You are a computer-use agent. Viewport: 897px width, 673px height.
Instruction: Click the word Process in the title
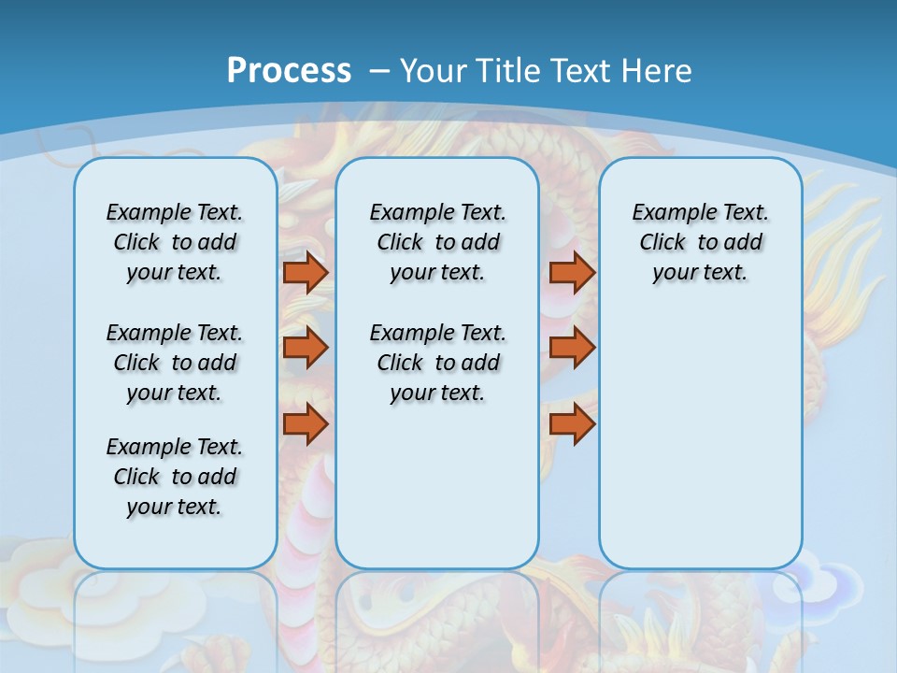click(289, 70)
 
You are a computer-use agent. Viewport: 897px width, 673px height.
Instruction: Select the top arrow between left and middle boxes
click(306, 272)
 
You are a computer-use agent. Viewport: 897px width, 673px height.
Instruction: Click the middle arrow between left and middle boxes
click(306, 348)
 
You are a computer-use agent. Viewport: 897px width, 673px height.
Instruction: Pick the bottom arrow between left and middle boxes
click(306, 423)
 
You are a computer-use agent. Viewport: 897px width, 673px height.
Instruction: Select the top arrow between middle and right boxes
click(572, 272)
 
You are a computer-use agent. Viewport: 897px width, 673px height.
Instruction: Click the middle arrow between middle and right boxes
click(572, 348)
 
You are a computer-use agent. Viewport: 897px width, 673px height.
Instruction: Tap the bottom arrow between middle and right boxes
click(572, 423)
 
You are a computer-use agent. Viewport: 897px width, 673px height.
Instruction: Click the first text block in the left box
click(175, 242)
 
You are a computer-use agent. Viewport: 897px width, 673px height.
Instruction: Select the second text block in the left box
click(175, 363)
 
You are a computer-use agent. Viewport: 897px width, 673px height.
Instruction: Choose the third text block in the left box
click(175, 477)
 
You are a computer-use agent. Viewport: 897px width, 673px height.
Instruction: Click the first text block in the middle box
click(437, 242)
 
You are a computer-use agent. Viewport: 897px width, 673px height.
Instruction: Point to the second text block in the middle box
click(437, 363)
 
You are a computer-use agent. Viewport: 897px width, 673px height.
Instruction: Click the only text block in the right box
click(700, 242)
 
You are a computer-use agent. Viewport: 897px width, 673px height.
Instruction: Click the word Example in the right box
click(667, 212)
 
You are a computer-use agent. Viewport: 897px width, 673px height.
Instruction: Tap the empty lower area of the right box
click(700, 439)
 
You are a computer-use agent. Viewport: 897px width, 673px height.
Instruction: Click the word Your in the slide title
click(434, 71)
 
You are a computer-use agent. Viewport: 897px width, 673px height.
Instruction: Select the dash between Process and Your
click(378, 71)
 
